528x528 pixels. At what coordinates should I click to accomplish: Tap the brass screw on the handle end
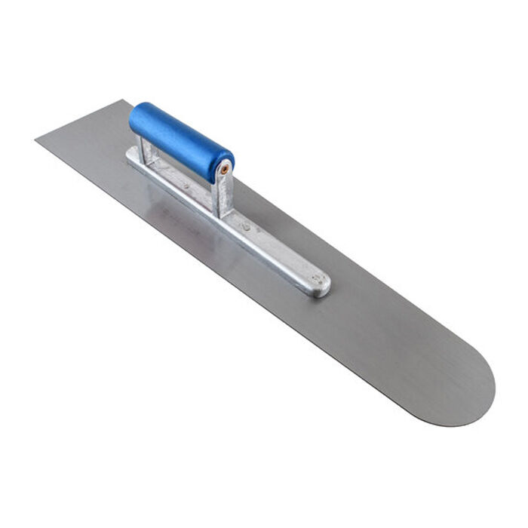coord(224,170)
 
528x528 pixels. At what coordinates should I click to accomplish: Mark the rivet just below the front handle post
coord(246,226)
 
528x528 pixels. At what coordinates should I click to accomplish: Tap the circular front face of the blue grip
coord(224,165)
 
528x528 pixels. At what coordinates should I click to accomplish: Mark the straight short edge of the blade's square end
coord(78,121)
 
